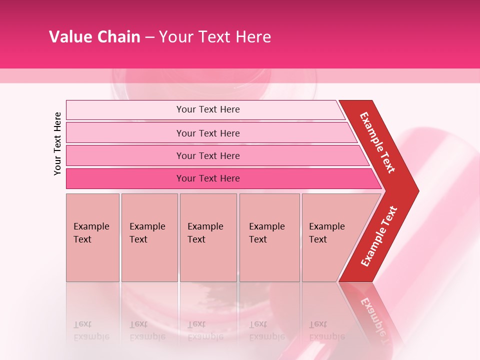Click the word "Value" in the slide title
tap(69, 37)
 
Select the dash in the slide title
tap(149, 37)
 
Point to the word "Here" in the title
tap(253, 37)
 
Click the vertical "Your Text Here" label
tap(57, 143)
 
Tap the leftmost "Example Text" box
tap(92, 237)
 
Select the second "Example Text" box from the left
tap(149, 237)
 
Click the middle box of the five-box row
tap(208, 237)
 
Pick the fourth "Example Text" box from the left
tap(269, 237)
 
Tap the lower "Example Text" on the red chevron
tap(378, 236)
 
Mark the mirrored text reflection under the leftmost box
tap(91, 330)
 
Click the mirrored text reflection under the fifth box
tap(326, 330)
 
